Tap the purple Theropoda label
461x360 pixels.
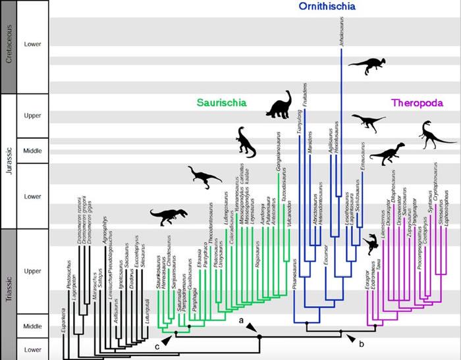[x=417, y=103]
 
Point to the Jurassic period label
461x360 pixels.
[x=9, y=161]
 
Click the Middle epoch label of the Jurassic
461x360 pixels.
[x=32, y=150]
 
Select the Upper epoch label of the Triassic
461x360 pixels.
[x=32, y=270]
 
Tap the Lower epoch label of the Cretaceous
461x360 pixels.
[x=32, y=45]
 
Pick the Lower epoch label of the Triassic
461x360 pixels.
[x=32, y=348]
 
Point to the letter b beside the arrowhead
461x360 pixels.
[x=361, y=342]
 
